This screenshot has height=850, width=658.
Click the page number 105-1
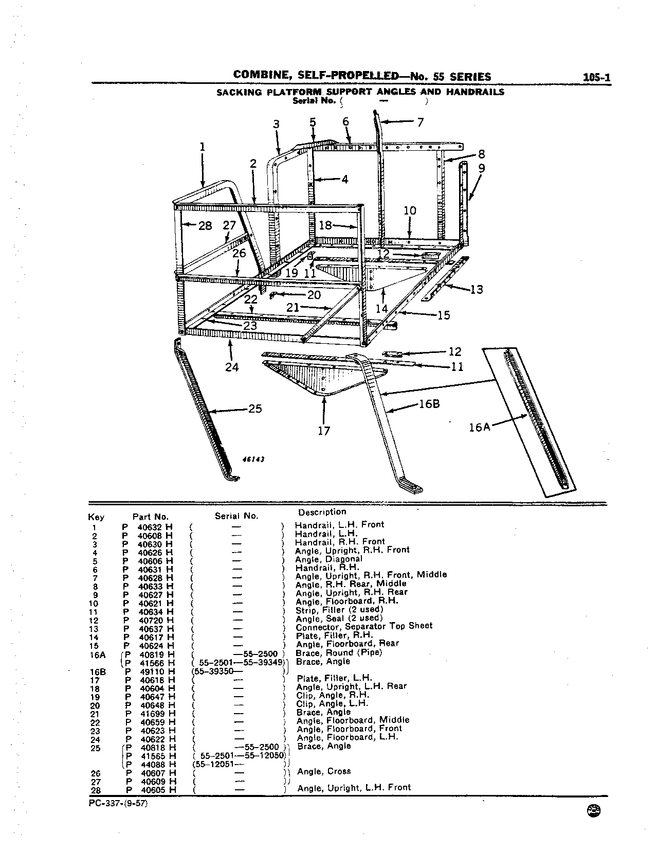click(597, 77)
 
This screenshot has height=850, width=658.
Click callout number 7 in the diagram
click(420, 122)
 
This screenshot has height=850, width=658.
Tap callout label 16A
click(480, 427)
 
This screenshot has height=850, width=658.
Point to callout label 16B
click(429, 403)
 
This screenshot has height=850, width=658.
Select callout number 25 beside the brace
click(255, 409)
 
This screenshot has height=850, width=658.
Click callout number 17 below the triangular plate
click(323, 431)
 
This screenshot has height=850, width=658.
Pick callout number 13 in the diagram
click(477, 290)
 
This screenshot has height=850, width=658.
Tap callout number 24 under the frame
click(232, 367)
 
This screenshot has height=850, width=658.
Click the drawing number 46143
click(253, 459)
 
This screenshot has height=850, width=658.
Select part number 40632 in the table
click(150, 527)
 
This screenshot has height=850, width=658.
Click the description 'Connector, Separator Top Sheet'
click(364, 626)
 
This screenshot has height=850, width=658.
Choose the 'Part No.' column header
click(151, 517)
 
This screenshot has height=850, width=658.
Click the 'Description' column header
click(322, 512)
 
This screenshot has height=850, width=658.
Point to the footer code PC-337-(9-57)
click(118, 804)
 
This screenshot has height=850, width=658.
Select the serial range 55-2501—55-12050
click(243, 755)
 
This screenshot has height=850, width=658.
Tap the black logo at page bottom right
click(594, 810)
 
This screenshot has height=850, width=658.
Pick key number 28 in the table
click(96, 790)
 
